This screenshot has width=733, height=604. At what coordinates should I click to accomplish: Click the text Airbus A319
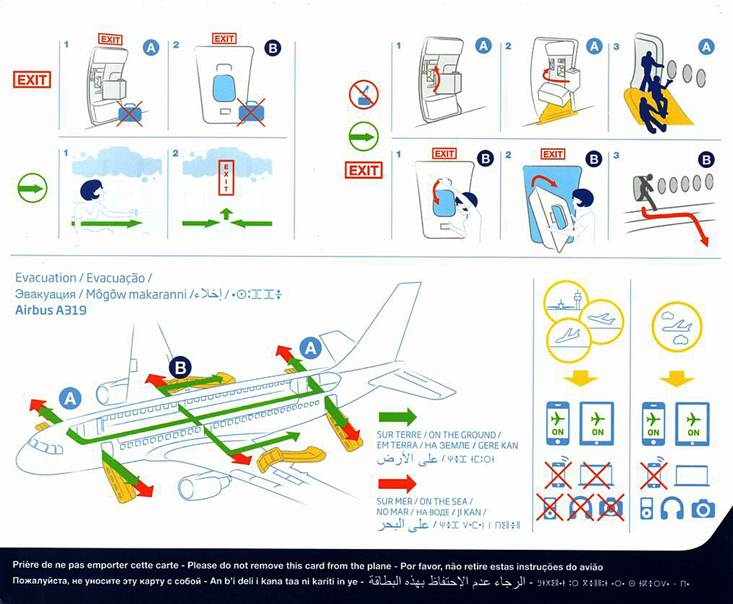(x=50, y=309)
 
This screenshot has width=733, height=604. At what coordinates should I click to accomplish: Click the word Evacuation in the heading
(x=45, y=278)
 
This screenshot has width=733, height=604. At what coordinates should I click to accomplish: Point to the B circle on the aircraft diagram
(x=180, y=368)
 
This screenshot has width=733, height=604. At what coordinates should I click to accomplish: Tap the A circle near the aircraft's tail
(x=312, y=349)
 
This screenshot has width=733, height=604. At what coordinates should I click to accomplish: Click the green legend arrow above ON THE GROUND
(x=397, y=417)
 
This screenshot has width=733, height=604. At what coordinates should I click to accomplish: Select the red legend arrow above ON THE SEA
(x=397, y=483)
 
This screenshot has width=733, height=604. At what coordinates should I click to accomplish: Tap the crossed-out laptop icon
(x=595, y=475)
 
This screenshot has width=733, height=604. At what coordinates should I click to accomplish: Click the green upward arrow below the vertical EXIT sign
(x=226, y=214)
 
